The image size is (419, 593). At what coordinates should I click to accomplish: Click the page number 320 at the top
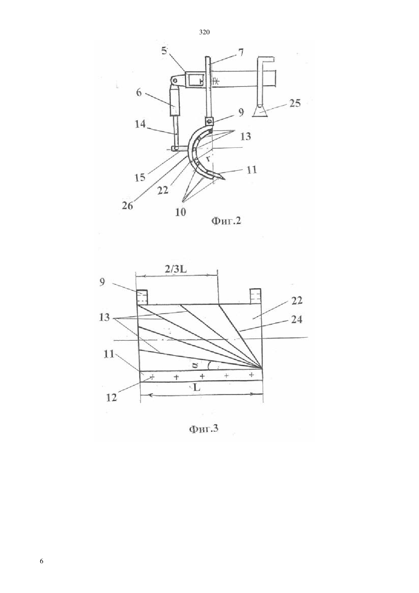pos(204,32)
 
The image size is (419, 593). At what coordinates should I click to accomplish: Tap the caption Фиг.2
pos(226,221)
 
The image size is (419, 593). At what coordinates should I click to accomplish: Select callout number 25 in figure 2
pos(295,103)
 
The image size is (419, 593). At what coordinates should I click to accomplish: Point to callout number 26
pos(127,205)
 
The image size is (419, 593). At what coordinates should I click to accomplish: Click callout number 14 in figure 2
pos(140,124)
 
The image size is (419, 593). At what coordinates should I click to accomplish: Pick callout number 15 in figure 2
pos(140,177)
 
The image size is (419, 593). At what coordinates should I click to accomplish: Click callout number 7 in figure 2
pos(240,52)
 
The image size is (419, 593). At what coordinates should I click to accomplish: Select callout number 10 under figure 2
pos(181,212)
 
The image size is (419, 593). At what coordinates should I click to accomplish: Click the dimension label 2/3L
pos(176,269)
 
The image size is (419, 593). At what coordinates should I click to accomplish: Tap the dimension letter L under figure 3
pos(197,388)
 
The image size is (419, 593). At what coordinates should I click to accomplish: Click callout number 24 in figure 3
pos(296,319)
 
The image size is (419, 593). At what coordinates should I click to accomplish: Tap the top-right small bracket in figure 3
pos(256,296)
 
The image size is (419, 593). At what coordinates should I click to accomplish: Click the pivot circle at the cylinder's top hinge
pos(174,80)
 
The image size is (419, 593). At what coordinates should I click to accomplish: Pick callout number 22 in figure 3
pos(296,300)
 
